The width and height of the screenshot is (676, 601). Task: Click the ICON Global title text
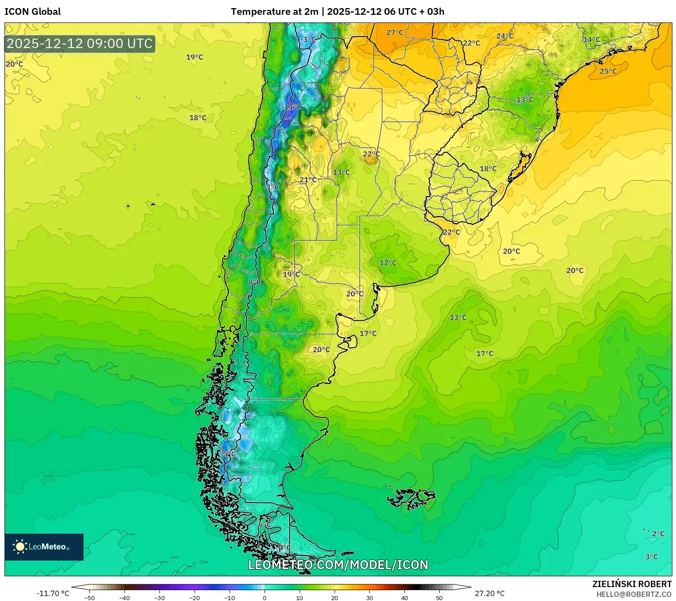click(x=32, y=12)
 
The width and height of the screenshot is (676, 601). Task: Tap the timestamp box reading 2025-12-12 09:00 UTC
click(x=80, y=44)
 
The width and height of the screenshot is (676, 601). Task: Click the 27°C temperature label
click(x=395, y=33)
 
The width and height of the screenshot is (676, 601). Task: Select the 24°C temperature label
click(x=505, y=36)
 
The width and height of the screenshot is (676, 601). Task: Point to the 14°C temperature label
click(x=592, y=40)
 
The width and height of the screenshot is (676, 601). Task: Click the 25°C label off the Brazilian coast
click(x=608, y=71)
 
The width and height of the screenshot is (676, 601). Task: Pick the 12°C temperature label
click(x=388, y=263)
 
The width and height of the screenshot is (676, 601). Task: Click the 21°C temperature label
click(x=308, y=180)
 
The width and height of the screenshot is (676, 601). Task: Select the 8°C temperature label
click(x=254, y=282)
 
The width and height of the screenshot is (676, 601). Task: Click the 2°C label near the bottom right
click(x=658, y=534)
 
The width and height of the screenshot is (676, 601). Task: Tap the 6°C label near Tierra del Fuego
click(x=265, y=525)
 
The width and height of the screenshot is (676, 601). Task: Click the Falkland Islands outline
click(x=411, y=498)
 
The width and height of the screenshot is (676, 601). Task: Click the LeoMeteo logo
click(x=44, y=547)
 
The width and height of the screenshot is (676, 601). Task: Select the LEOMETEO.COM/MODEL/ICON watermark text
click(x=338, y=565)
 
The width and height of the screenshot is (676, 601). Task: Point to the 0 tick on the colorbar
click(x=264, y=597)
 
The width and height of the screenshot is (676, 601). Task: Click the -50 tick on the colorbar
click(x=89, y=597)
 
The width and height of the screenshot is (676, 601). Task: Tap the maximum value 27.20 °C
click(x=490, y=593)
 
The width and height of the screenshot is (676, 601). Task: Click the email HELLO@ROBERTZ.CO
click(x=634, y=594)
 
